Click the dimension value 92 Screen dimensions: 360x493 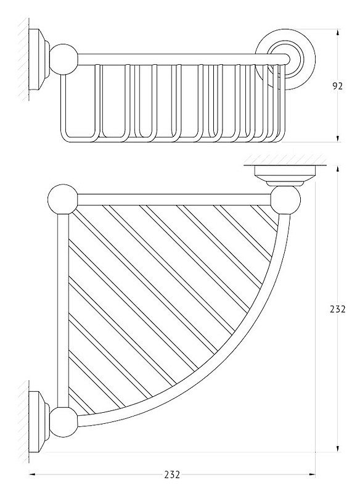337,86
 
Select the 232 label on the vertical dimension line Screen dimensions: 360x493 337,309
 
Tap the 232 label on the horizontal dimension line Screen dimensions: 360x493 172,474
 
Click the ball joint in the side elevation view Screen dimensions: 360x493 63,59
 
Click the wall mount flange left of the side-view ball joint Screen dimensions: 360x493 39,60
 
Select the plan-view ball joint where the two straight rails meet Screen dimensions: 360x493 62,200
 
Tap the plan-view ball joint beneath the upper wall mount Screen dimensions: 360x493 285,201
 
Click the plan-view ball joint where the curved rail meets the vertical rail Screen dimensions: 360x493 63,422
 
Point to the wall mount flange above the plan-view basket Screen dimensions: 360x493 285,175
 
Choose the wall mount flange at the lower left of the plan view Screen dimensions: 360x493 39,422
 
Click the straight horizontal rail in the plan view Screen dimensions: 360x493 174,200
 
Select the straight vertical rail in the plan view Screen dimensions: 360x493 63,311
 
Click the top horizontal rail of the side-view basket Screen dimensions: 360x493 183,59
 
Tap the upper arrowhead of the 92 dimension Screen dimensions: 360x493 338,33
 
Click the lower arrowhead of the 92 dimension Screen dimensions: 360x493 338,139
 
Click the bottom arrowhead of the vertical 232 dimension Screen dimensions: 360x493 338,449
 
